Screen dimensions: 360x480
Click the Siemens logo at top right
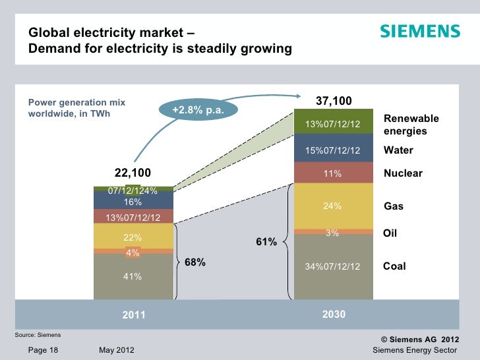pyautogui.click(x=419, y=32)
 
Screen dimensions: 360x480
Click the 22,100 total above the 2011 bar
pyautogui.click(x=133, y=173)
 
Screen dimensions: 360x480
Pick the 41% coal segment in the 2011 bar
pyautogui.click(x=133, y=276)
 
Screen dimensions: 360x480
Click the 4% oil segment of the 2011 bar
pyautogui.click(x=133, y=251)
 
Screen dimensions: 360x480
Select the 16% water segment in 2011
pyautogui.click(x=133, y=202)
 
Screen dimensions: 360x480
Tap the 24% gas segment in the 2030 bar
pyautogui.click(x=332, y=206)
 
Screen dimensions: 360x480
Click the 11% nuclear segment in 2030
pyautogui.click(x=332, y=174)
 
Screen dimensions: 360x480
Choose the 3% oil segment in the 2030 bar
pyautogui.click(x=332, y=232)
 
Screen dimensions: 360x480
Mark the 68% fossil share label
pyautogui.click(x=195, y=262)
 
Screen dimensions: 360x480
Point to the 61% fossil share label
pyautogui.click(x=266, y=243)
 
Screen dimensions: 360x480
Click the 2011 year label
pyautogui.click(x=133, y=315)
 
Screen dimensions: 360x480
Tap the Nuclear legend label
pyautogui.click(x=403, y=173)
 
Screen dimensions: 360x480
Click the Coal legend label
pyautogui.click(x=394, y=266)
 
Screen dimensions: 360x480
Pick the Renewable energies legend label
pyautogui.click(x=411, y=125)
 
